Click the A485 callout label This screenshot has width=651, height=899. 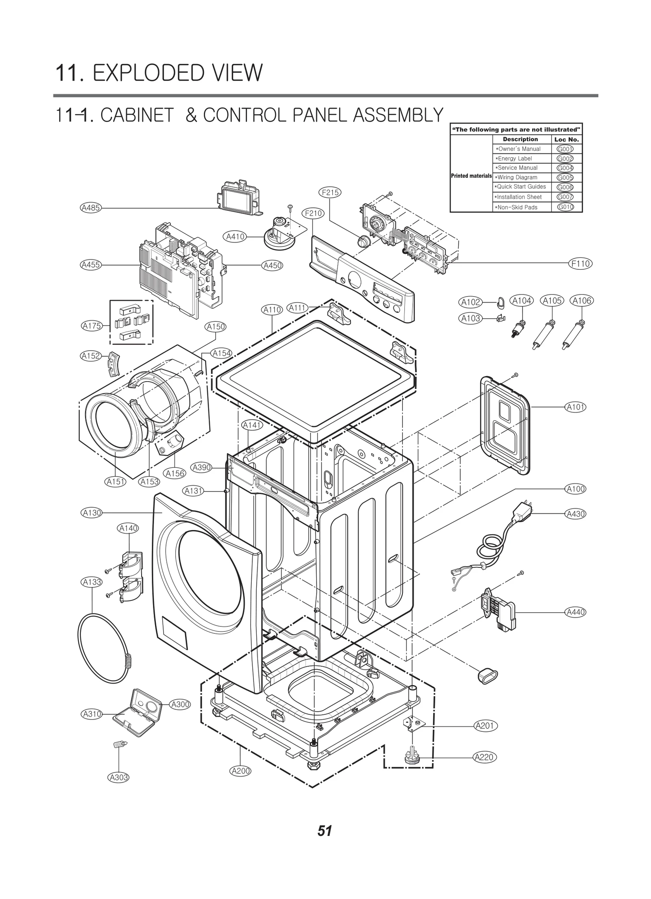click(x=90, y=208)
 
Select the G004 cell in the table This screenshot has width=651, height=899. click(x=565, y=168)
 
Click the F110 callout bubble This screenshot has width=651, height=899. click(x=580, y=264)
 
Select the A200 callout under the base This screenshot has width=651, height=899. click(x=240, y=771)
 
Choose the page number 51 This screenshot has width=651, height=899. click(x=325, y=831)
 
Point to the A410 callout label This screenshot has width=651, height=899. click(x=235, y=236)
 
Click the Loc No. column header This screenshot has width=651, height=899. click(x=566, y=140)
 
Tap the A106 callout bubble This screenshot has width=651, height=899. click(x=581, y=301)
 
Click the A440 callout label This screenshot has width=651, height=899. click(x=575, y=623)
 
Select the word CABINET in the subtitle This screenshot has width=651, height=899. click(x=137, y=115)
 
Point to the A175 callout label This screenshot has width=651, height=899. click(x=92, y=326)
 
